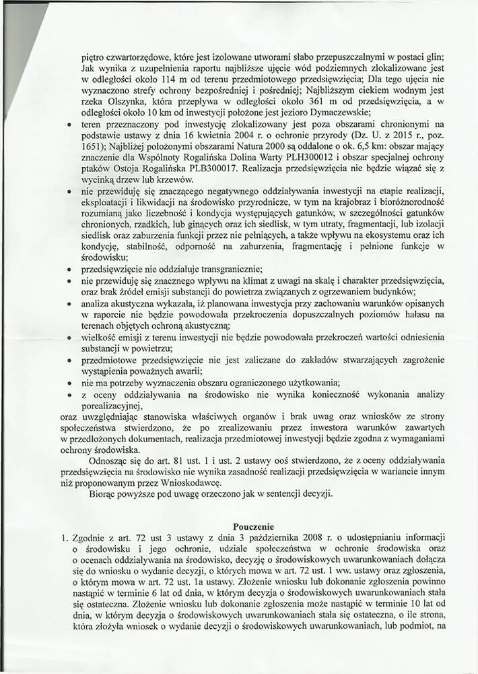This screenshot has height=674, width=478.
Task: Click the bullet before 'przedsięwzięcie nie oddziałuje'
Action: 69,269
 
